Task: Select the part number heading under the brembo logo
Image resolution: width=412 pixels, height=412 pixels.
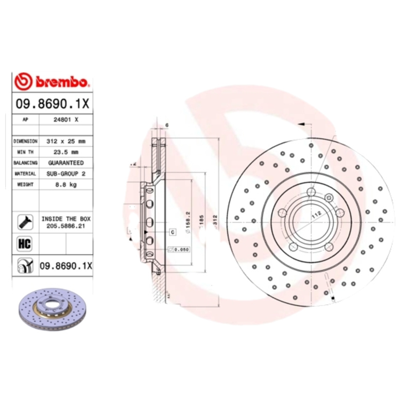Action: pos(53,103)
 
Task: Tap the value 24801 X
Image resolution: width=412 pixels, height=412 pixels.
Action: pos(66,119)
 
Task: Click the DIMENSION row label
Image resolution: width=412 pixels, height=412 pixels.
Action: pos(25,141)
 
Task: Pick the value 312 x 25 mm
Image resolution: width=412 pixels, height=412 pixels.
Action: pos(66,141)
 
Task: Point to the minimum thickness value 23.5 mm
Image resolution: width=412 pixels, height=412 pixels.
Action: pos(66,152)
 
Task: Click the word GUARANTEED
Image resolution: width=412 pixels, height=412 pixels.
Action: pos(66,163)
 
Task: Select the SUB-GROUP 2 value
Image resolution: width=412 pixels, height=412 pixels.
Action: pos(66,174)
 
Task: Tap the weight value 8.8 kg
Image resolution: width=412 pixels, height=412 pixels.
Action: pos(66,185)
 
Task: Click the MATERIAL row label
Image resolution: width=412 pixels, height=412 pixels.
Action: pos(25,174)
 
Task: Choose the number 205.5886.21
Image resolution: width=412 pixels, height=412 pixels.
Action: pos(66,225)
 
